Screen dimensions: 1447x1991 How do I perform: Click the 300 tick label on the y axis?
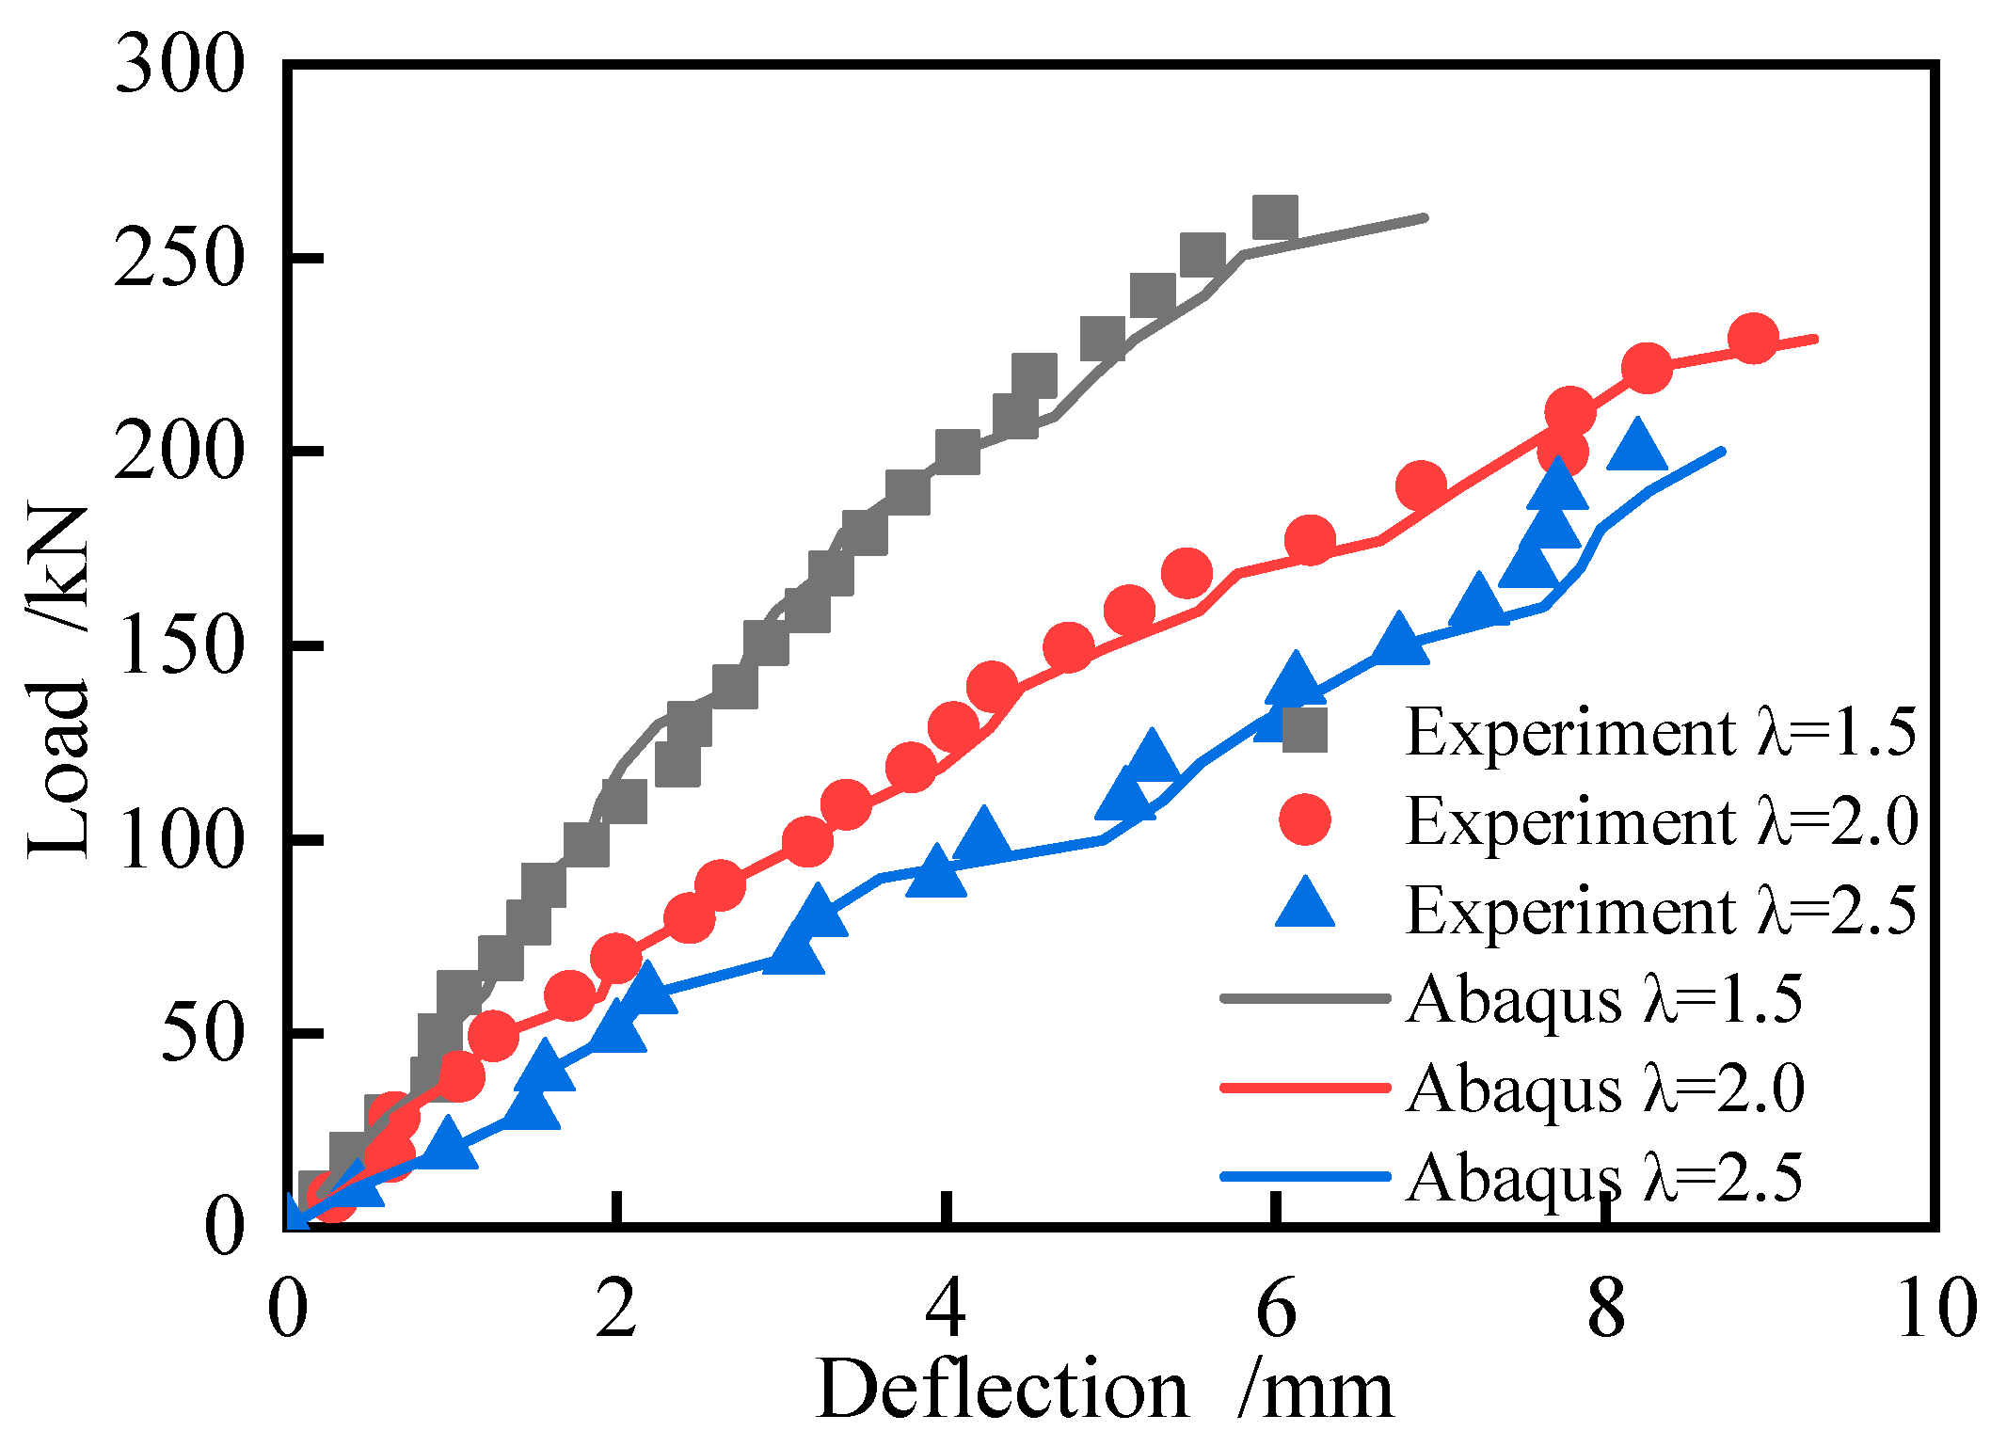pyautogui.click(x=179, y=68)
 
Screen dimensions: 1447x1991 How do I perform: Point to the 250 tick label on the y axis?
pyautogui.click(x=179, y=261)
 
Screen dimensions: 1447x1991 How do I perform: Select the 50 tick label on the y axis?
pyautogui.click(x=201, y=1036)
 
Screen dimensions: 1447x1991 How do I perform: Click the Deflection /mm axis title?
pyautogui.click(x=1105, y=1391)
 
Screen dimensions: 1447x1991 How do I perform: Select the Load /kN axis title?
pyautogui.click(x=58, y=682)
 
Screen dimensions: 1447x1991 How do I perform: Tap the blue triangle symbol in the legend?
pyautogui.click(x=1305, y=905)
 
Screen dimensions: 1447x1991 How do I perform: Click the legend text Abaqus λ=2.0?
pyautogui.click(x=1605, y=1089)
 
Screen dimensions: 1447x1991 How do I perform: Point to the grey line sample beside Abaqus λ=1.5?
pyautogui.click(x=1305, y=998)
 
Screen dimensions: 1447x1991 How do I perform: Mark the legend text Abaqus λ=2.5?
pyautogui.click(x=1605, y=1177)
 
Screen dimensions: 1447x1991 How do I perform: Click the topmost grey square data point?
pyautogui.click(x=1276, y=218)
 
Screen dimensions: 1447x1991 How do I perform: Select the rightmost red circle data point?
pyautogui.click(x=1752, y=339)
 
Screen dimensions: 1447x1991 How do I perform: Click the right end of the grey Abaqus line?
pyautogui.click(x=1425, y=217)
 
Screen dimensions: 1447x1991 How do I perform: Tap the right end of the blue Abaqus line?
pyautogui.click(x=1722, y=452)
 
